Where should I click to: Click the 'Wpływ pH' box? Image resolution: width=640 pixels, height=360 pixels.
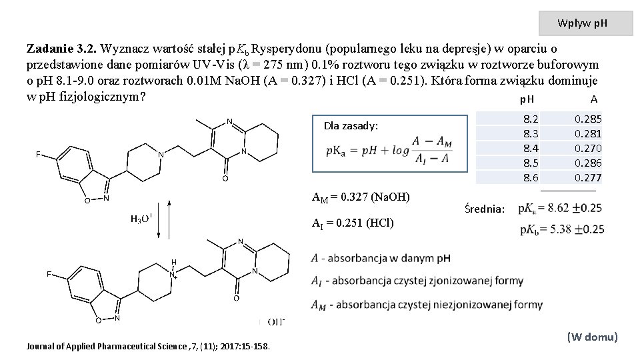coord(585,23)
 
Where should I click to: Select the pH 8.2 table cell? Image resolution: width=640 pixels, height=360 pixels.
coord(531,119)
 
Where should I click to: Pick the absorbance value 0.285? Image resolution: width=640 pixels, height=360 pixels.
coord(588,119)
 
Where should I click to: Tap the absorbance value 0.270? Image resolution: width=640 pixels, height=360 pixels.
coord(588,148)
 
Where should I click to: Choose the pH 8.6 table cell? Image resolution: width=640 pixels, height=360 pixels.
coord(531,177)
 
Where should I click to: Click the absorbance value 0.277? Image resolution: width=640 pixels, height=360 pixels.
coord(588,177)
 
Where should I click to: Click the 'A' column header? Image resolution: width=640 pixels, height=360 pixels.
coord(593,99)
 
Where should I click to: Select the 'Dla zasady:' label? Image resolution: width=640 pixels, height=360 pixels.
coord(351,125)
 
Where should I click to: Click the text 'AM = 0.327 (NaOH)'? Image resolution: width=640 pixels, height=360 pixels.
coord(361,197)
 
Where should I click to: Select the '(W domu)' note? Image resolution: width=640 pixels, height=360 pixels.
coord(592,337)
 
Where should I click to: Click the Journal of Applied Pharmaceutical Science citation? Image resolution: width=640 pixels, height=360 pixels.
coord(148,346)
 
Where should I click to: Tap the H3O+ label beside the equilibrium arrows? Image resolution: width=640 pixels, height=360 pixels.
coord(141,219)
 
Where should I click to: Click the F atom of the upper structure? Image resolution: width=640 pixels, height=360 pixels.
coord(39,155)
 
